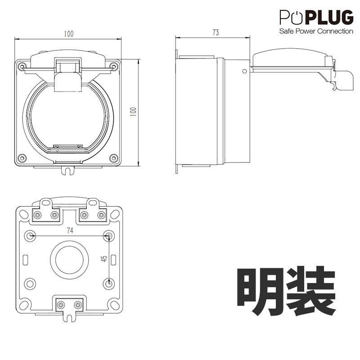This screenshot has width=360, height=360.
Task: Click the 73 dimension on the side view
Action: [216, 32]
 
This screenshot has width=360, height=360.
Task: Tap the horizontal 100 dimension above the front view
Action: [69, 34]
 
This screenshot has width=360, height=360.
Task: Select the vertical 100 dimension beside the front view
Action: [133, 112]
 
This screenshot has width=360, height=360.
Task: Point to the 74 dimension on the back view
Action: [70, 230]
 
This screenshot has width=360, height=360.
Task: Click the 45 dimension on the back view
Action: [104, 258]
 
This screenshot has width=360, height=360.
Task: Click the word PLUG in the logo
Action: [329, 17]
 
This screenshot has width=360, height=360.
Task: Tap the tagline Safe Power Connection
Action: [316, 31]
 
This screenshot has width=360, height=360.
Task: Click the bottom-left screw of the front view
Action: [22, 158]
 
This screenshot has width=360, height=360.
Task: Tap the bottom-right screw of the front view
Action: [113, 158]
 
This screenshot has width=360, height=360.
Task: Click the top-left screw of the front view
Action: [22, 67]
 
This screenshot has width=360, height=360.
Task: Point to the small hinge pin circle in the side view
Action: [244, 71]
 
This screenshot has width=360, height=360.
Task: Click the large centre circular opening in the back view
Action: [69, 260]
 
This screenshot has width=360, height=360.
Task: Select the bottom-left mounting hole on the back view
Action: [30, 284]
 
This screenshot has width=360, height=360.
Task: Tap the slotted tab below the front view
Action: [68, 170]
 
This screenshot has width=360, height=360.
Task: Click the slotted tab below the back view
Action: [69, 317]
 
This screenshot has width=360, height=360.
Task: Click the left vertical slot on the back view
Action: [26, 260]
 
